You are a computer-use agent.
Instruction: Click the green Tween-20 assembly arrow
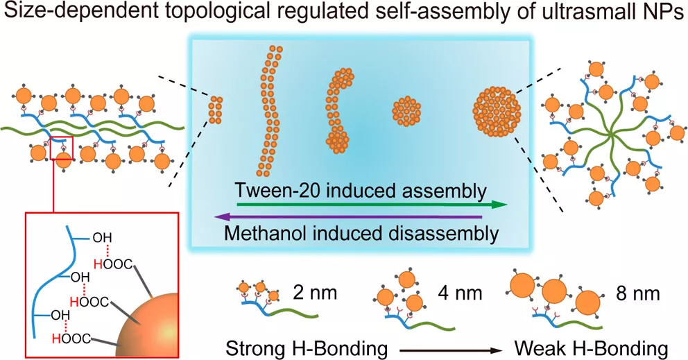coord(372,204)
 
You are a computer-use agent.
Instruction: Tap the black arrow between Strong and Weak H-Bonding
coord(451,350)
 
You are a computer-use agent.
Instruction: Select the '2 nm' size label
coord(315,293)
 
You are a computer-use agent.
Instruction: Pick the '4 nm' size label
coord(460,293)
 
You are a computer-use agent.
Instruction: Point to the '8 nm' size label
coord(638,293)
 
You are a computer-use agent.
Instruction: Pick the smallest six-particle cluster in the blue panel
coord(215,110)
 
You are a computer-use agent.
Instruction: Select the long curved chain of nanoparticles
coord(269,110)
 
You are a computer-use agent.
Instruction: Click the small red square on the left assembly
coord(62,148)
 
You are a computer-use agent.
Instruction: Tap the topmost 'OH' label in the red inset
coord(102,239)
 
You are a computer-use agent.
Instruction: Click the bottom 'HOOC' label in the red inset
coord(71,338)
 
